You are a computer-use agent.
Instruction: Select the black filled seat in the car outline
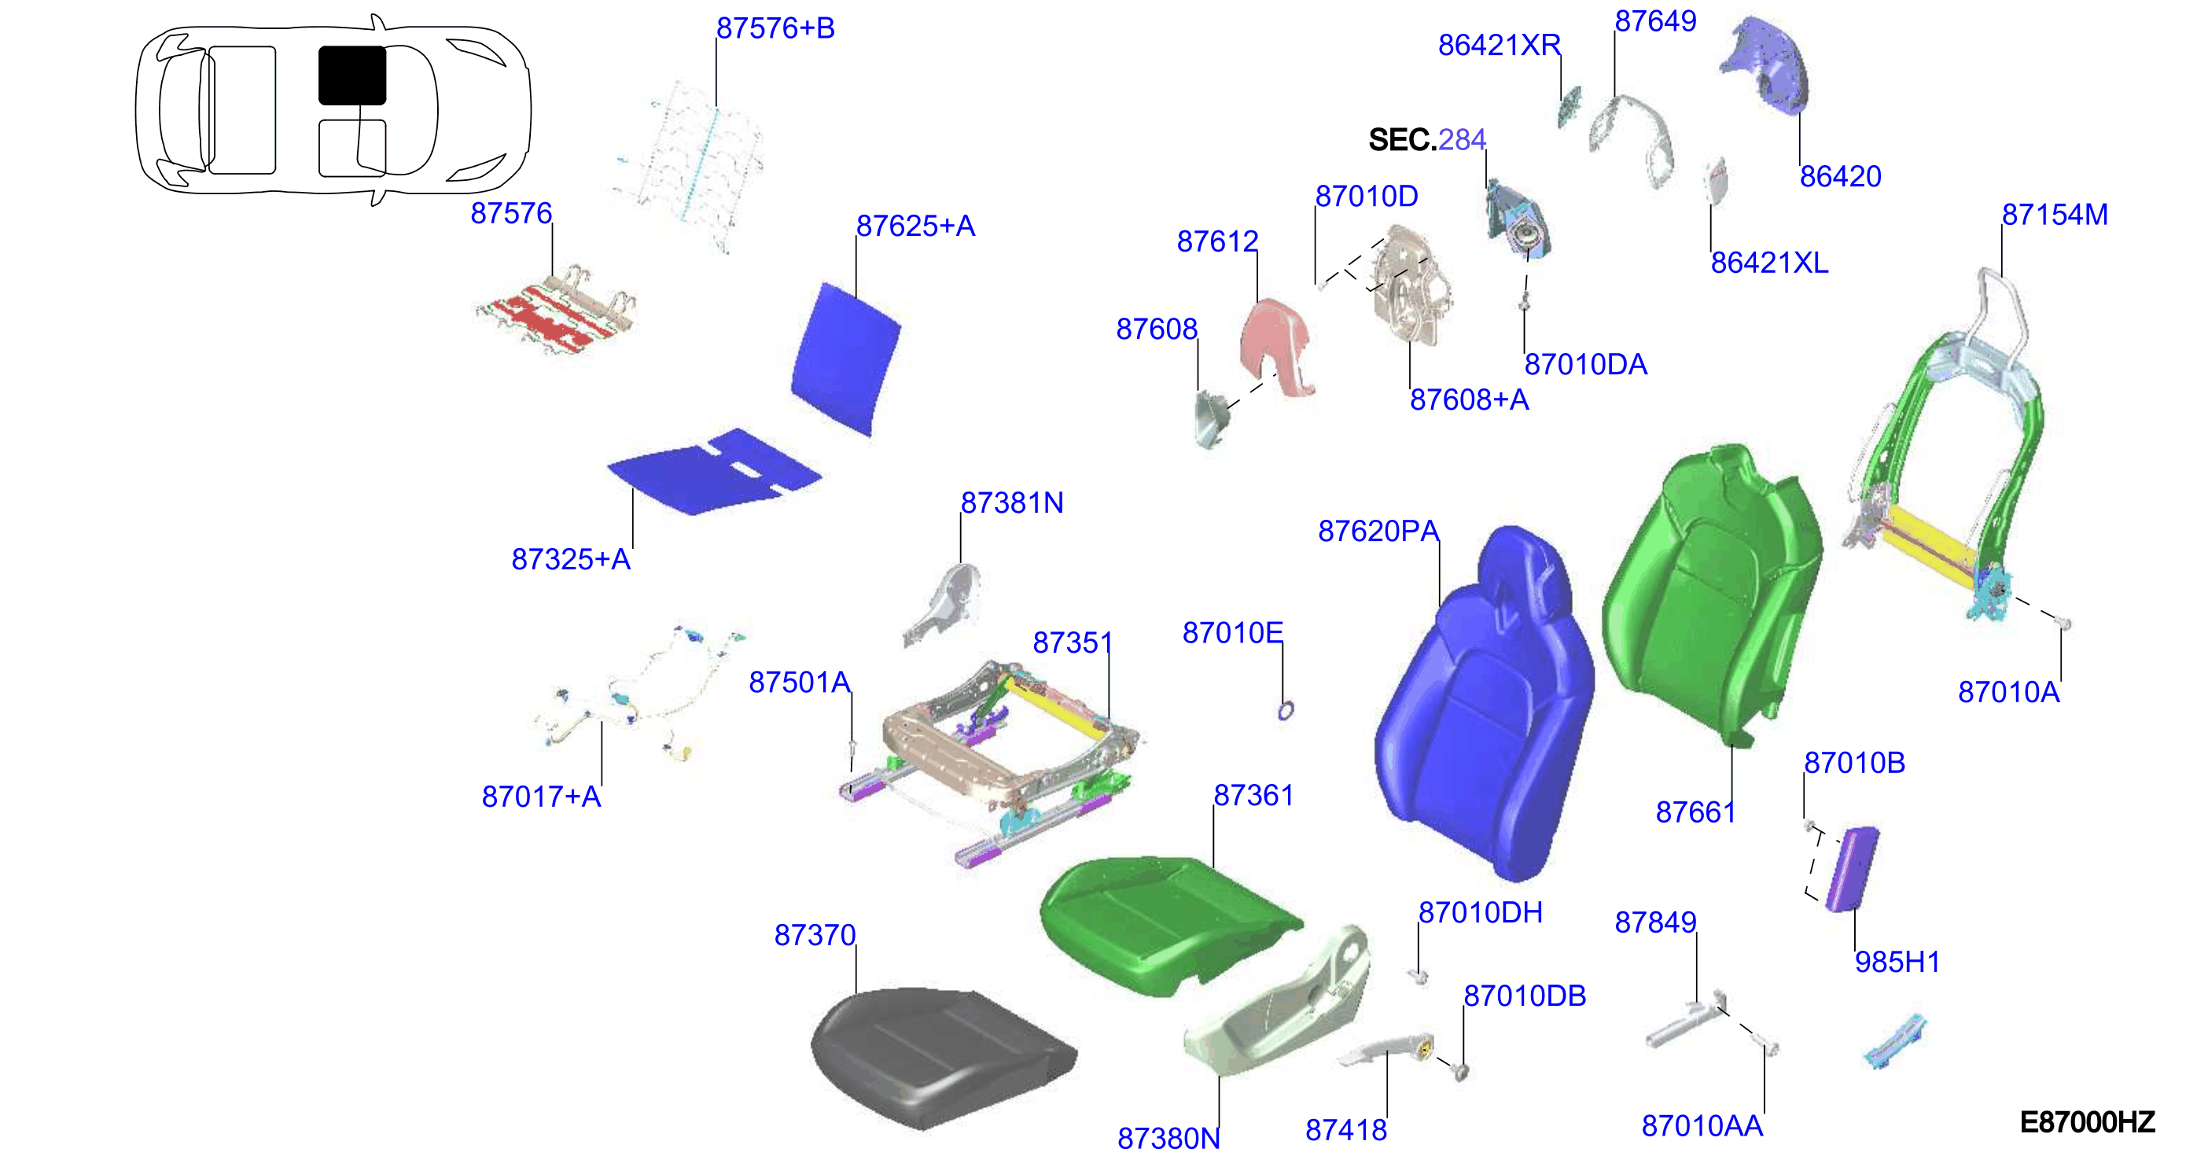(352, 75)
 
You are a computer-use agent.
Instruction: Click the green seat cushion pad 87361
(1170, 926)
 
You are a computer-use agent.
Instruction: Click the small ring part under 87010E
(1285, 710)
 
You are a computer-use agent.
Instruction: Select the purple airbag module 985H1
(1853, 869)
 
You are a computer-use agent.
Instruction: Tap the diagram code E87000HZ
(2087, 1121)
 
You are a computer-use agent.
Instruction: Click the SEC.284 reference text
(1427, 139)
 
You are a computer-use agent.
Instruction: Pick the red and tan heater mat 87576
(556, 311)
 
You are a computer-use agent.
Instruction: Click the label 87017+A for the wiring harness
(541, 797)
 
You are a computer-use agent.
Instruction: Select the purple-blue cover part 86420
(1767, 65)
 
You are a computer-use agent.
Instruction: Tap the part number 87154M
(2055, 215)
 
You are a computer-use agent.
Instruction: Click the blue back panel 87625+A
(845, 359)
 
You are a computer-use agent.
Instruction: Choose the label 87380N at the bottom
(1168, 1138)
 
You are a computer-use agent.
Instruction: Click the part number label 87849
(1655, 922)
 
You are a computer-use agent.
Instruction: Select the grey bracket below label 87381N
(943, 604)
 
